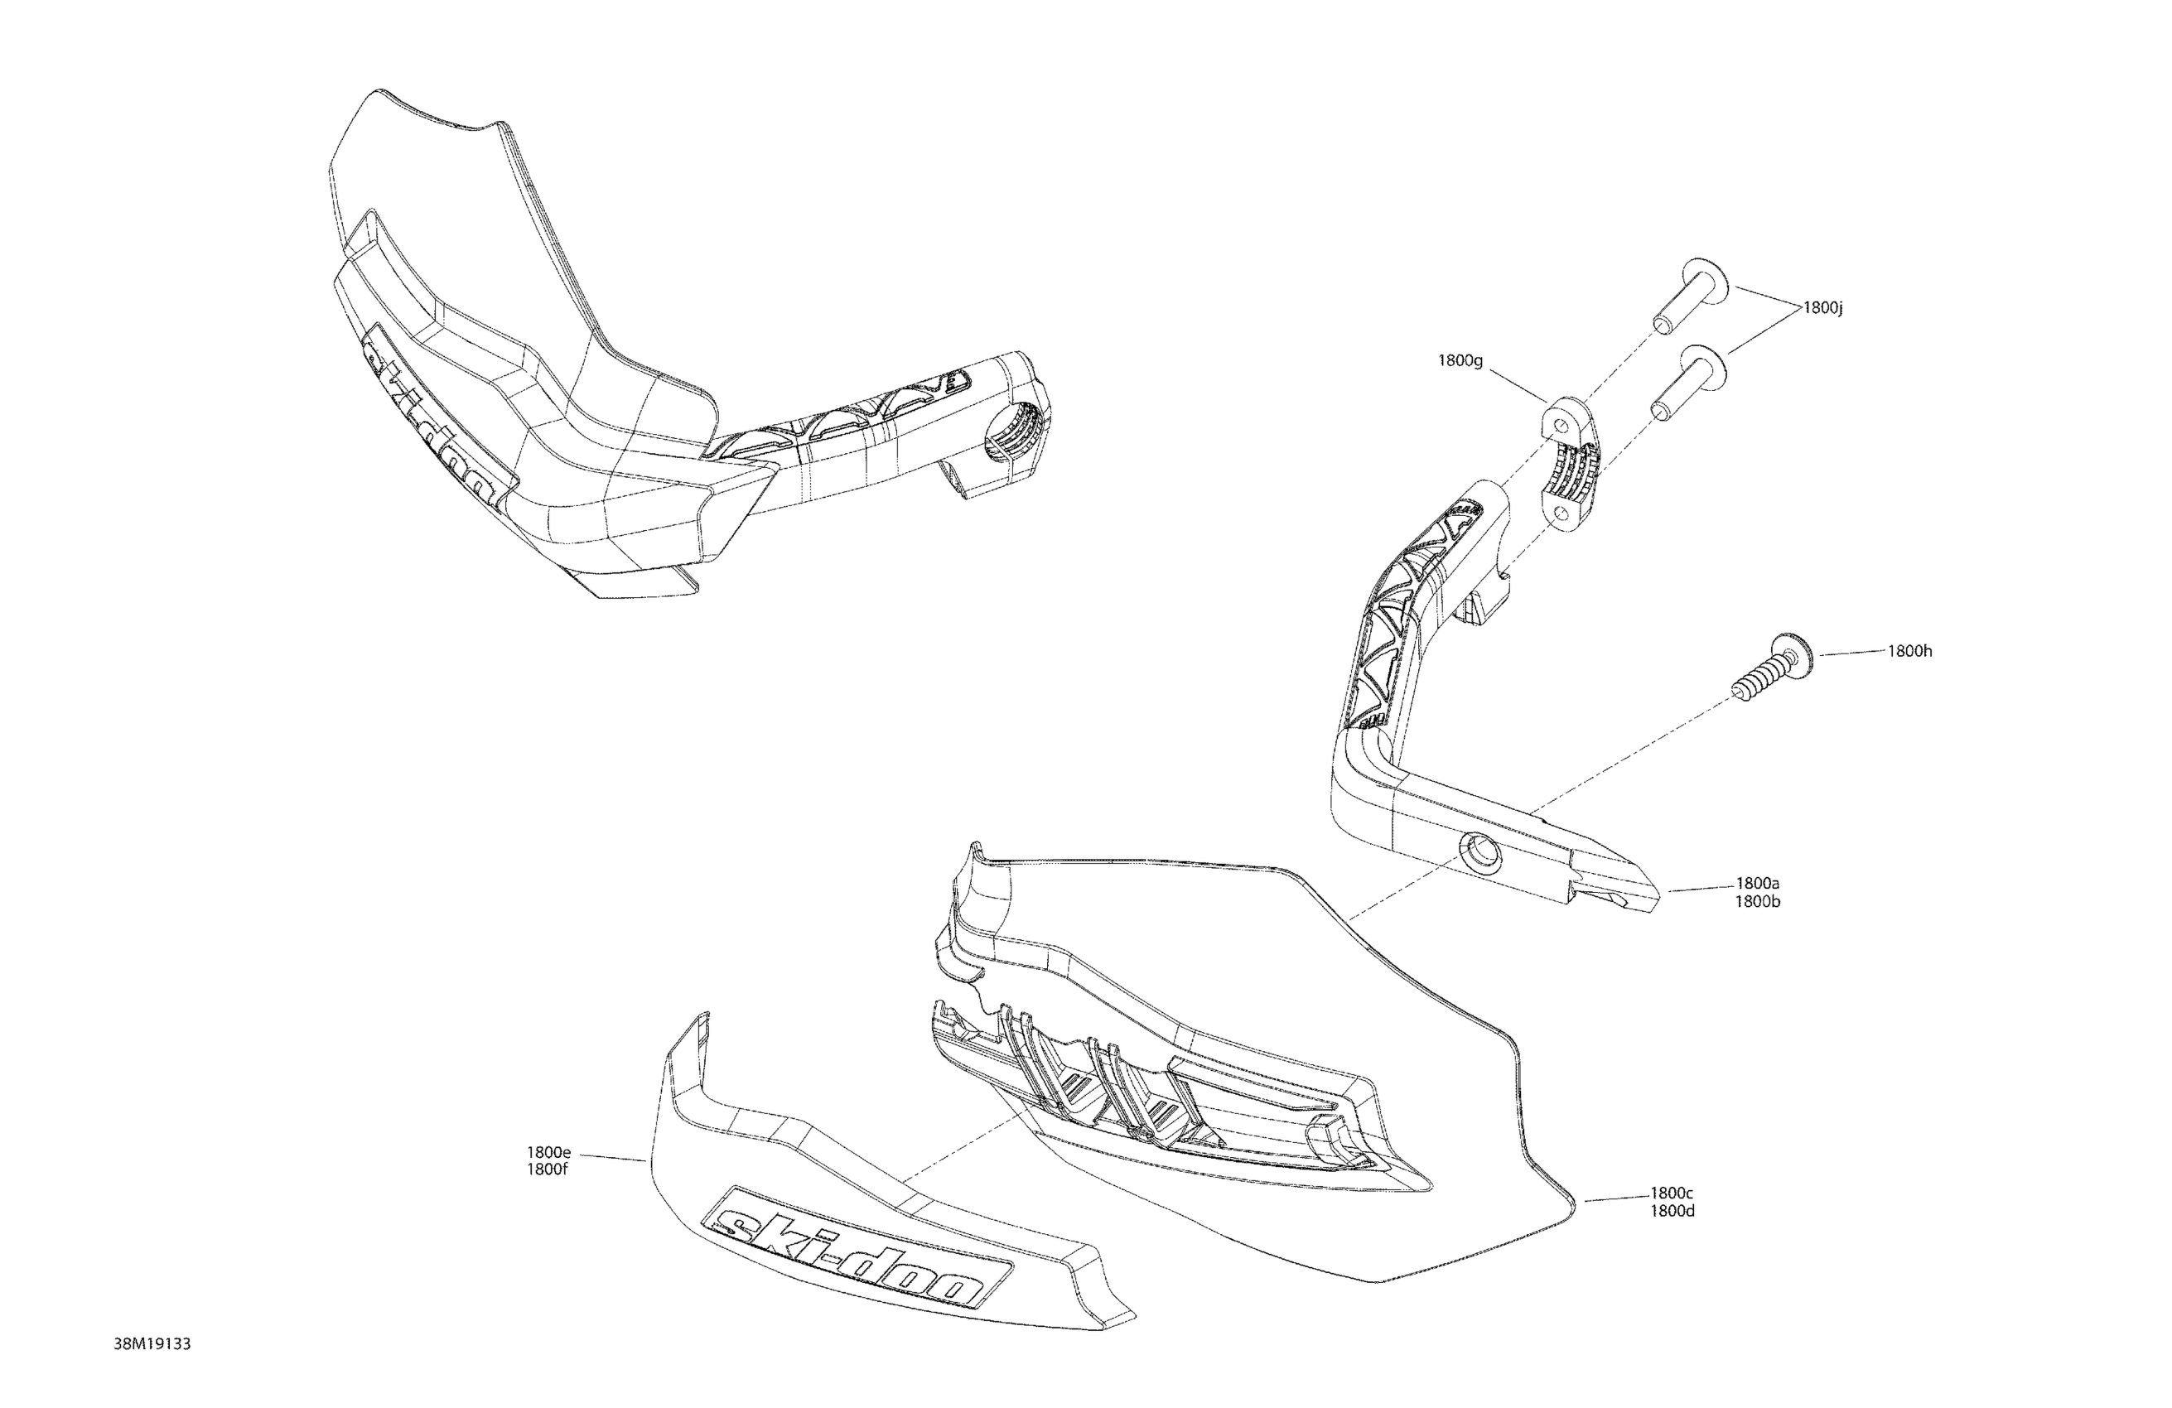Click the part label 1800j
click(x=1822, y=308)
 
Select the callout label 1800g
click(x=1460, y=360)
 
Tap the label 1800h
click(x=1909, y=651)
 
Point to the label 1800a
click(x=1757, y=883)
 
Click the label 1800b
click(x=1757, y=902)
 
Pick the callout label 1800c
click(x=1672, y=1193)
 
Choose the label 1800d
click(x=1672, y=1211)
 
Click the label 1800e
click(x=548, y=1153)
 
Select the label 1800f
click(x=548, y=1171)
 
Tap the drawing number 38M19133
click(x=152, y=1344)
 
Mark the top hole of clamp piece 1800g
click(x=1561, y=427)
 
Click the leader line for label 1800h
click(x=1852, y=653)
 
